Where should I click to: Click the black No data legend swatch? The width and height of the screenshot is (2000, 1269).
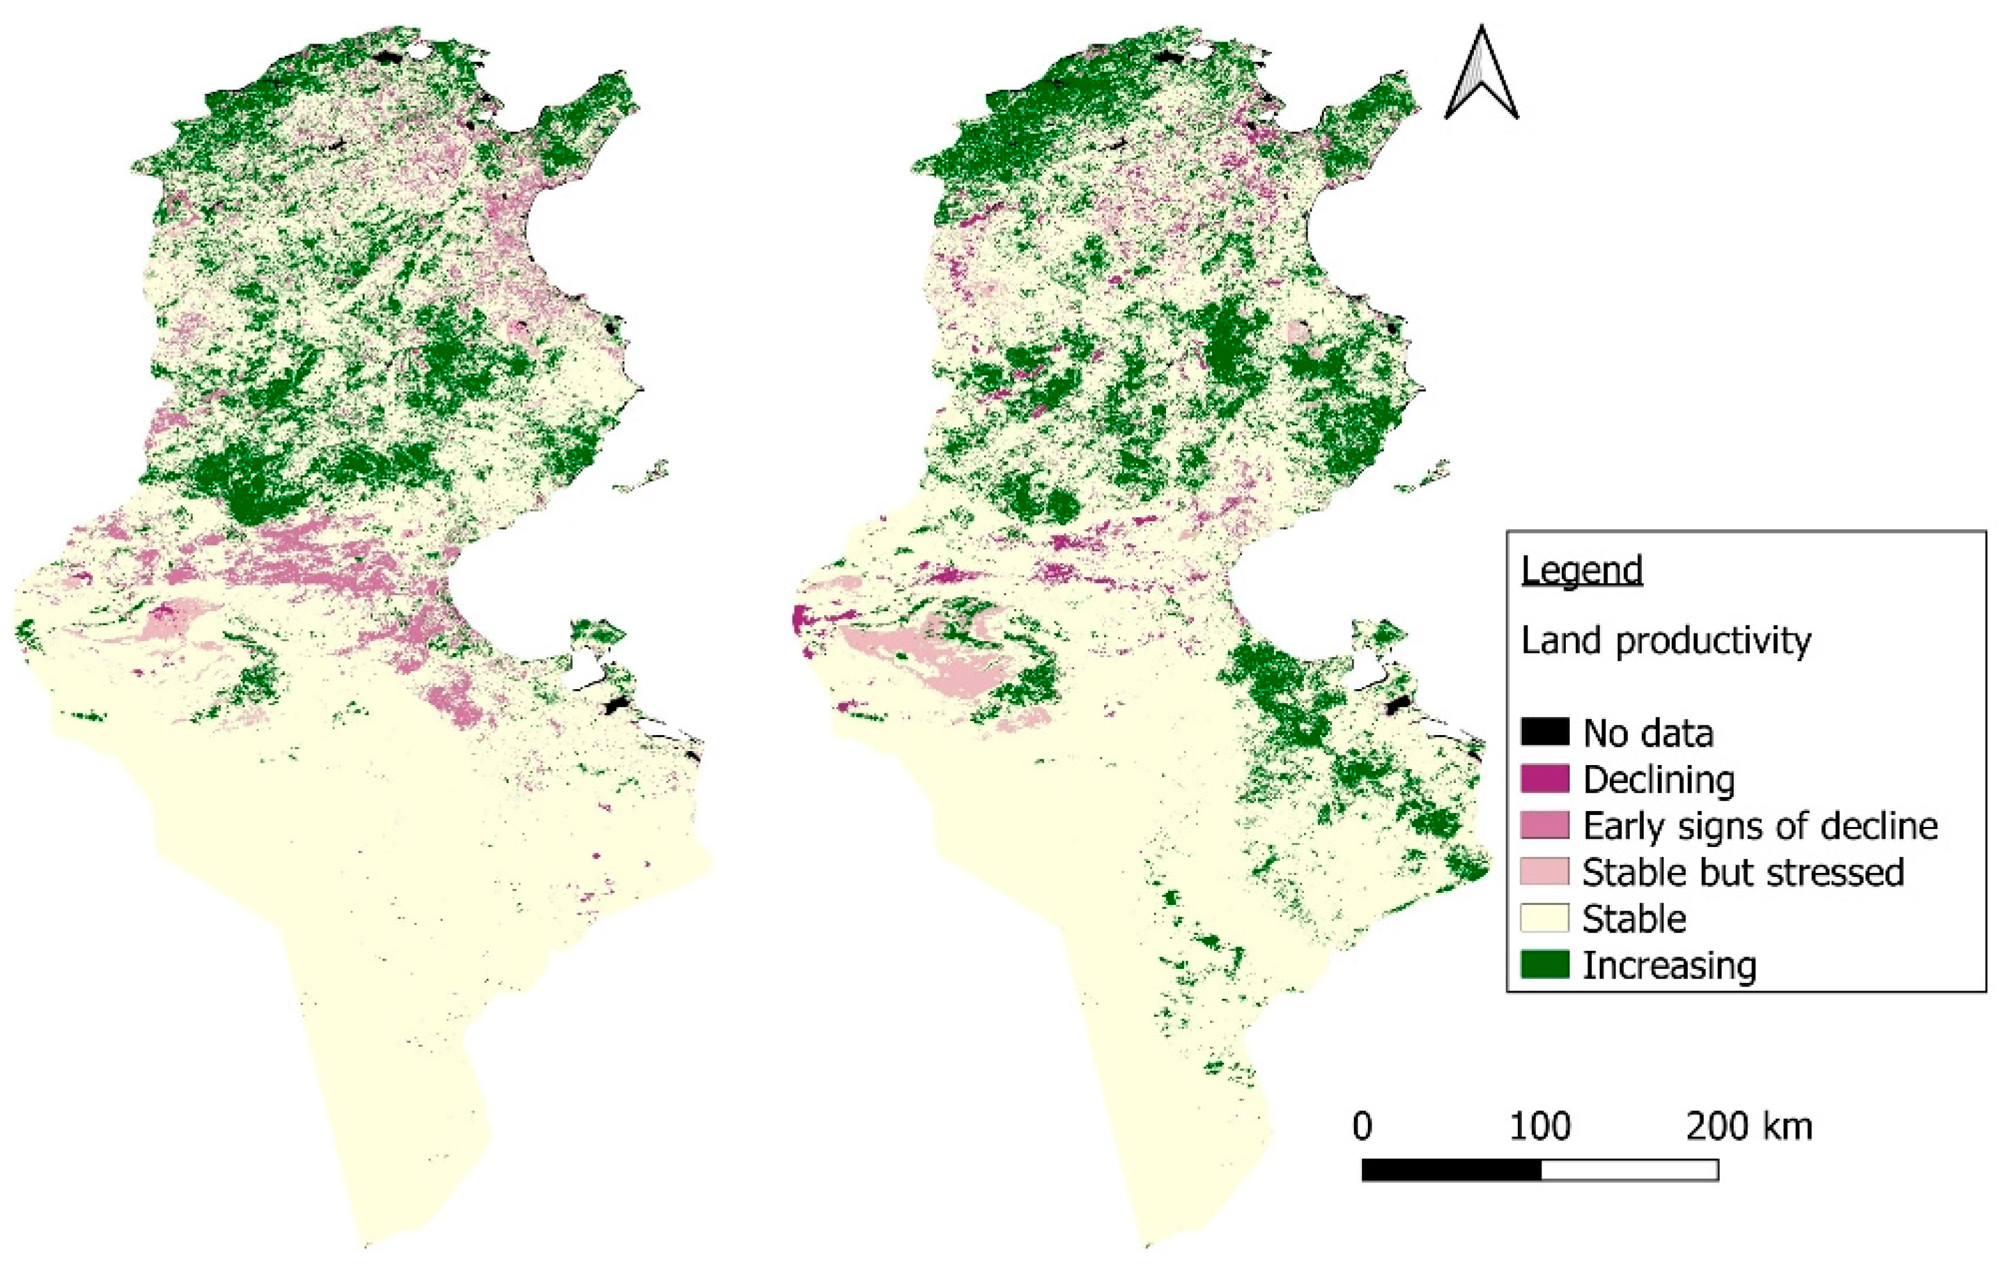(1545, 732)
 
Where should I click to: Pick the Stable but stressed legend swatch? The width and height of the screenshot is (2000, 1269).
(1545, 871)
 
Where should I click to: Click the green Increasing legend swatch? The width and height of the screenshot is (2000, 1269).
(1545, 964)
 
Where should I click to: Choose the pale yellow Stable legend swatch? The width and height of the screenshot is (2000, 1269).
(1545, 918)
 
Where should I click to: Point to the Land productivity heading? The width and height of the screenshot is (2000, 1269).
(1665, 641)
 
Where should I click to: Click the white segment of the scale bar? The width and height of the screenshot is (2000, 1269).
(1629, 1170)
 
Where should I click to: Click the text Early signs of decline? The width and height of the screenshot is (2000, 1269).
(1760, 826)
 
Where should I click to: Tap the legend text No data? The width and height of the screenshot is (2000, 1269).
(1648, 733)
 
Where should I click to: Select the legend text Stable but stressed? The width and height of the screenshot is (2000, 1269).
(1743, 872)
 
